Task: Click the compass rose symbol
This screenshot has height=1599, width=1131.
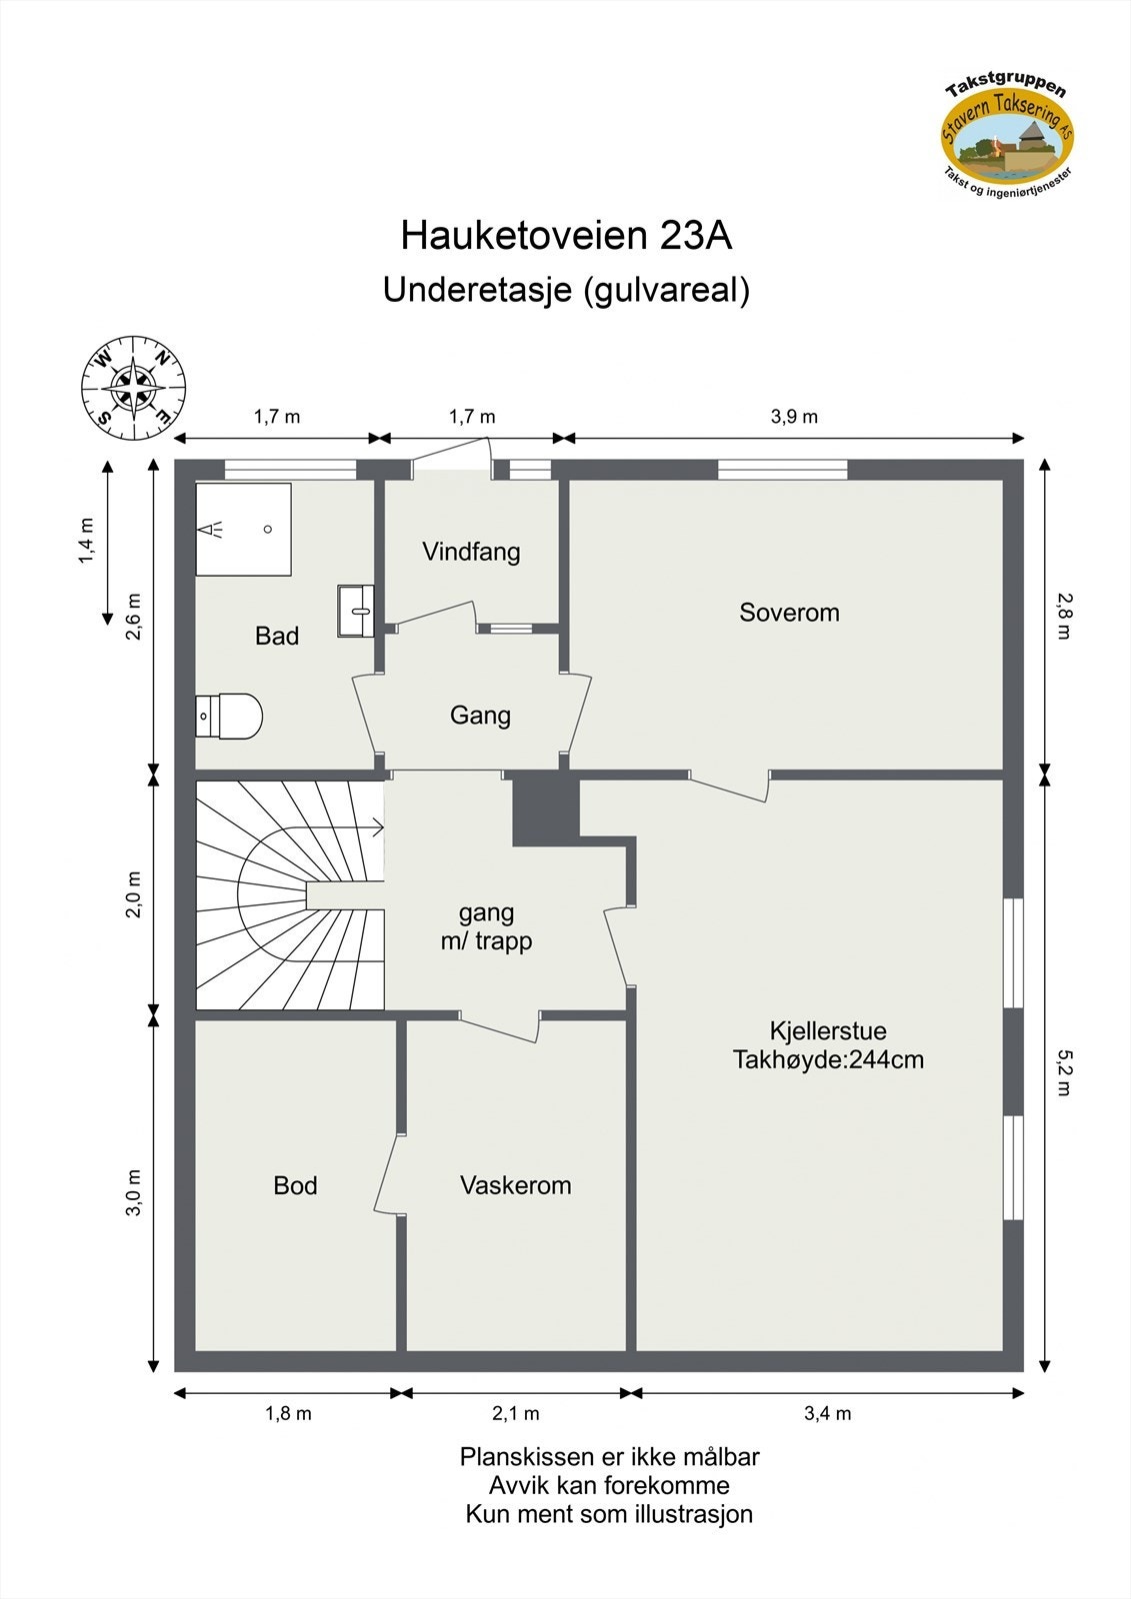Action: pos(133,388)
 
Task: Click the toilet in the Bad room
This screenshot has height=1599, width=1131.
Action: pos(229,716)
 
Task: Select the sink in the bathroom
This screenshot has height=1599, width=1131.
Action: pos(355,611)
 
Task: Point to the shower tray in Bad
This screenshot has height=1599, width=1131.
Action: pos(243,529)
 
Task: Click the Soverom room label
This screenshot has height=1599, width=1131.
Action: pos(789,613)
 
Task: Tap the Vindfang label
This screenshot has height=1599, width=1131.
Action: pos(471,552)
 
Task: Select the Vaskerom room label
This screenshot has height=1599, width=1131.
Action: pos(515,1185)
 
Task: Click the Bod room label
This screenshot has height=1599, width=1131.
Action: pos(295,1185)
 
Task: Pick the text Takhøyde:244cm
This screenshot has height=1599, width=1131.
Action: pos(828,1059)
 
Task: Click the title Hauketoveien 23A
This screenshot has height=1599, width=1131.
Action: pos(566,236)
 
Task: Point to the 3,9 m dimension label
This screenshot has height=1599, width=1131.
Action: pos(794,417)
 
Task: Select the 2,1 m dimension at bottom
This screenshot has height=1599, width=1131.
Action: pos(515,1413)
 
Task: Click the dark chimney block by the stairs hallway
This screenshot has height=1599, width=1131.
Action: pos(546,807)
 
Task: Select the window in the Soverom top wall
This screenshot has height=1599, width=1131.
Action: pos(782,469)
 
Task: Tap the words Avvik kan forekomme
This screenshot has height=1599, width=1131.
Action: pos(608,1485)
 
